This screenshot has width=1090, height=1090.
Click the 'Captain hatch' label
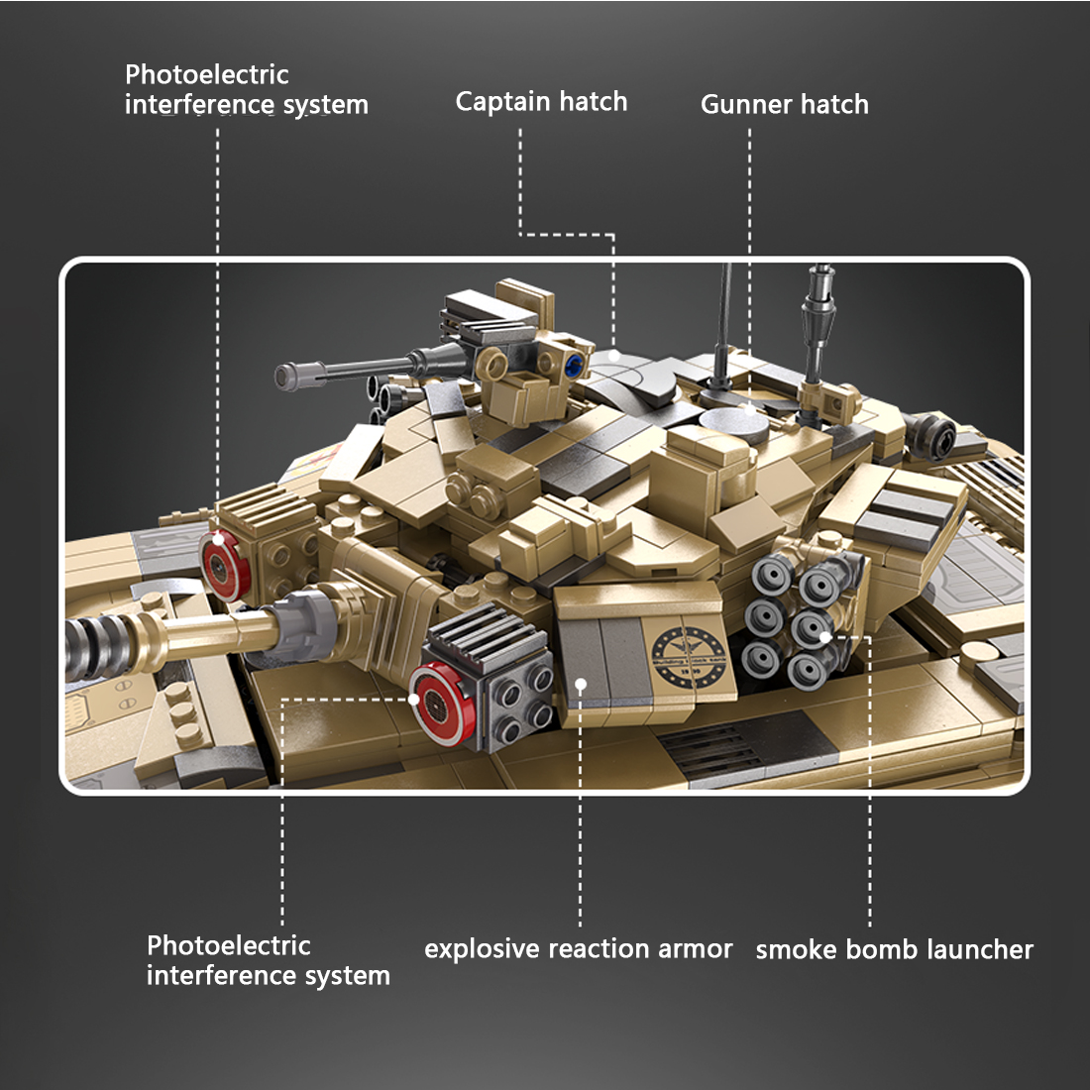(x=541, y=102)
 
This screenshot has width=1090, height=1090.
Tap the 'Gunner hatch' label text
(x=784, y=105)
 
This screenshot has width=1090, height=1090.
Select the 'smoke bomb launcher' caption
(x=894, y=950)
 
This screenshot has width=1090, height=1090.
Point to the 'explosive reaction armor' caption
(x=578, y=949)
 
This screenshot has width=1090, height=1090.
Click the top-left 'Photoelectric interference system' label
(x=246, y=89)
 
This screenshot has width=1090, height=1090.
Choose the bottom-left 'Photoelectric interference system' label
(x=268, y=960)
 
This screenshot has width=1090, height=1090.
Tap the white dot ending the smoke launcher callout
(x=824, y=636)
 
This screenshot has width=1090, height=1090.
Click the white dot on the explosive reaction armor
(x=581, y=683)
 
